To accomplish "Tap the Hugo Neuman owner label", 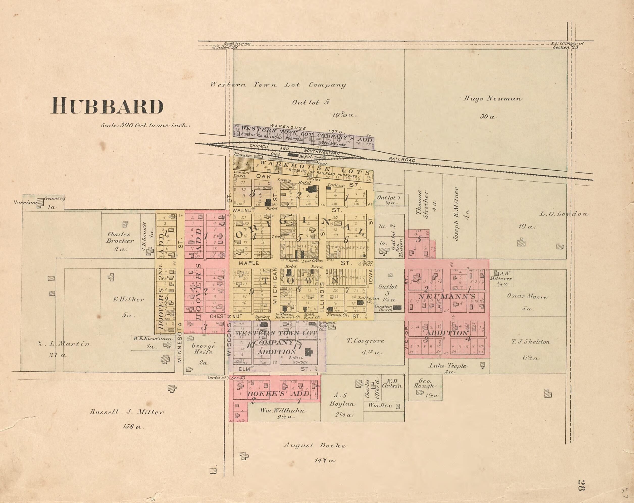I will coord(493,99).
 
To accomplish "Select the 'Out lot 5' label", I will coord(311,102).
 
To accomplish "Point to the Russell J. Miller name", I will coord(126,412).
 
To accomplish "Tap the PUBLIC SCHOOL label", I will coord(298,360).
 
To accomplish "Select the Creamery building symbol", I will coord(40,203).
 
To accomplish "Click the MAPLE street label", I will coord(249,263).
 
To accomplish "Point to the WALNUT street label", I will coord(244,211).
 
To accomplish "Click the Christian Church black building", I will coord(397,307).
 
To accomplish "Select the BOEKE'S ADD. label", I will coord(278,394).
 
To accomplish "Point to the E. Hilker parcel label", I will coord(129,300).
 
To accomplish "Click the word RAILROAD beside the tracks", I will coord(402,159).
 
